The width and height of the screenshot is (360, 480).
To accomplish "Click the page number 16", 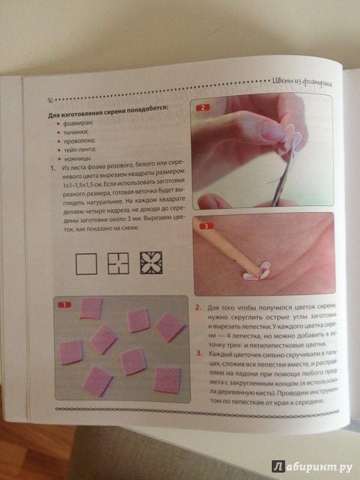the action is [x=51, y=101].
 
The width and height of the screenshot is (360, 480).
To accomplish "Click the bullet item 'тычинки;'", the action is [x=76, y=132].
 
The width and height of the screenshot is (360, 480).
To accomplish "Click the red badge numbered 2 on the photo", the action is [x=203, y=107].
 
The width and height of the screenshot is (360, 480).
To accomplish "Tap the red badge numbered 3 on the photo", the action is [x=206, y=227].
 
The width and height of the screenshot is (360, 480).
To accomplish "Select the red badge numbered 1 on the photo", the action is [x=64, y=305].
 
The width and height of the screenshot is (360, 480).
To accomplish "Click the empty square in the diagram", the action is [x=86, y=263].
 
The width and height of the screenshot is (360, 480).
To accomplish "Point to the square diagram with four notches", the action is [x=118, y=263].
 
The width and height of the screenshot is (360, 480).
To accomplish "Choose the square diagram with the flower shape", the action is [x=151, y=263].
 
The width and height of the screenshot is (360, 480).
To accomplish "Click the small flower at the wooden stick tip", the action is [x=257, y=271].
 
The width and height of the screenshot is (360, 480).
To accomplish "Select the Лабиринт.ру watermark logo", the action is [x=312, y=466].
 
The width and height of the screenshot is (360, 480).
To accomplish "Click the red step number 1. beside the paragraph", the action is [x=53, y=168].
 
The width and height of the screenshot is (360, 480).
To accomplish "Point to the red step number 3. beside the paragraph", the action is [x=200, y=353].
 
